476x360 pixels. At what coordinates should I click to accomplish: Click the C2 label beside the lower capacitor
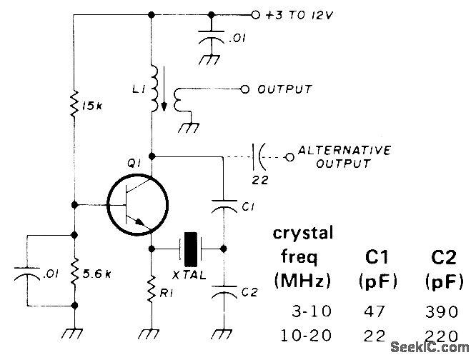248,291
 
